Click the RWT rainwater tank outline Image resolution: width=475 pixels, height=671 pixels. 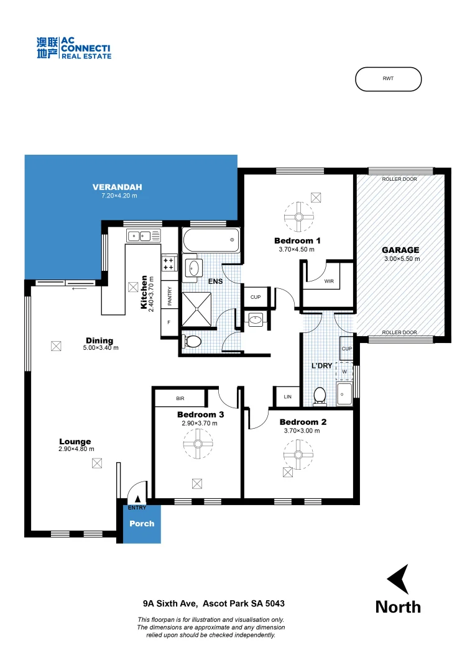point(388,79)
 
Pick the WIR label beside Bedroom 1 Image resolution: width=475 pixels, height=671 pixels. point(329,281)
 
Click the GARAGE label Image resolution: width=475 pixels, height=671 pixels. point(400,250)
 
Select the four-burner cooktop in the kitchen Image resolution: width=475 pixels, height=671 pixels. point(169,263)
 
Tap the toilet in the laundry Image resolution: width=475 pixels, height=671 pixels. point(320,396)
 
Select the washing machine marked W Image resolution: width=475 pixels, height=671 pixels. point(344,372)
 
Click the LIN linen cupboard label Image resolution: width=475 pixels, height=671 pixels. point(287,396)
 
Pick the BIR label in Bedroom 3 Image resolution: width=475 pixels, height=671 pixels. point(180,398)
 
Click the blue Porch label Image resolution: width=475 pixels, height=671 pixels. point(141,523)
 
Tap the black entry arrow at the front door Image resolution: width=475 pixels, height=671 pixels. point(137,498)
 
